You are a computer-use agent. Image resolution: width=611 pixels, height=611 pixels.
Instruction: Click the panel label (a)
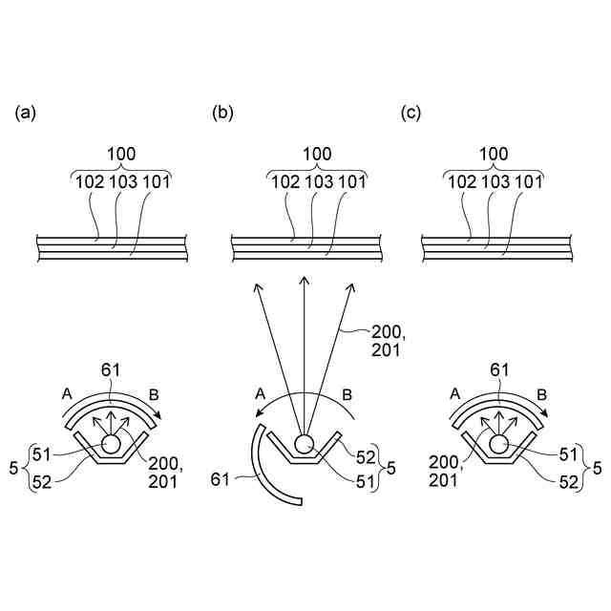25,114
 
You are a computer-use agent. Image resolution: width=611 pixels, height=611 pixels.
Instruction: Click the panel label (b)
222,114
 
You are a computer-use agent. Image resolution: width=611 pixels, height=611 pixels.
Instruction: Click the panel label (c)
411,114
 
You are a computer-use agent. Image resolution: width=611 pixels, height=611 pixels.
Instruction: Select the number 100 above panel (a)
121,154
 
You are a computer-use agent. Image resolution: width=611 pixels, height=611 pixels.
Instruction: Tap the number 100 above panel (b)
318,154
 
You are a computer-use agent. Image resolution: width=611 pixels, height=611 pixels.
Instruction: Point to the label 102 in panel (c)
460,181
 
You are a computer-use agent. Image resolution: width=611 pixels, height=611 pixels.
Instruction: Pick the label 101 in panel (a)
159,181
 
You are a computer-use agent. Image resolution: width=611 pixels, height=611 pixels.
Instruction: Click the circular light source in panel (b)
305,443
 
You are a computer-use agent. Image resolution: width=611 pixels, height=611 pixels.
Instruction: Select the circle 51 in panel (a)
112,444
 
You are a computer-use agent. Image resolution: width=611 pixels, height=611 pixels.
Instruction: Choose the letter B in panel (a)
155,392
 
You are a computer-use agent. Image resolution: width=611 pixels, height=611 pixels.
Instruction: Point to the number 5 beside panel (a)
12,468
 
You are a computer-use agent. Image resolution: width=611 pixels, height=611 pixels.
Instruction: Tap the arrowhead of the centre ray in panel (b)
305,278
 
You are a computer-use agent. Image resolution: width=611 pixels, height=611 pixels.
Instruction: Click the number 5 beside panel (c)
597,468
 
